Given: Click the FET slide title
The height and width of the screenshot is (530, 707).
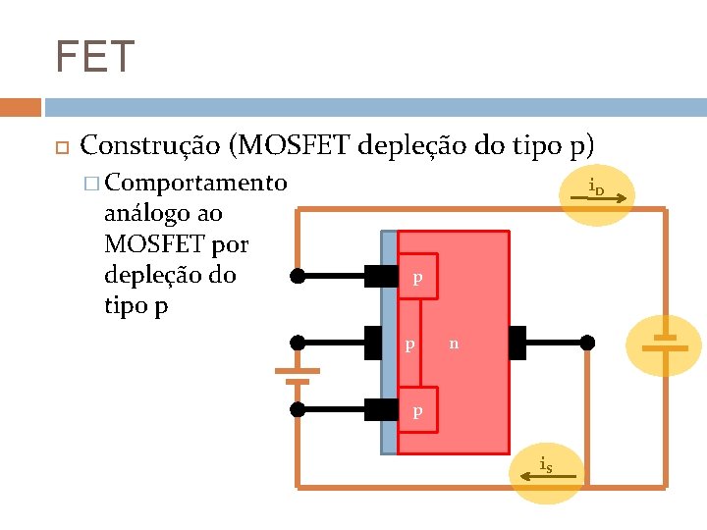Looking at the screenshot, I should [x=94, y=57].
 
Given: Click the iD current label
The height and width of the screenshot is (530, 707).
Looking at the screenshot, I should [x=596, y=187].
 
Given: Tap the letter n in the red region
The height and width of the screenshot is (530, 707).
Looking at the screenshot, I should [x=454, y=344].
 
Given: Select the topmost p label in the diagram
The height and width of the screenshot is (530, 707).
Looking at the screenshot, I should [x=417, y=279].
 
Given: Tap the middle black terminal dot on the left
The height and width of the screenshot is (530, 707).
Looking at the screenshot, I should [x=298, y=343].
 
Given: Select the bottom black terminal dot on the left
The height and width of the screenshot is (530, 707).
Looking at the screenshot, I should [x=298, y=409].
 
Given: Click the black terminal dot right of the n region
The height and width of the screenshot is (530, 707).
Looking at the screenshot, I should [x=587, y=343].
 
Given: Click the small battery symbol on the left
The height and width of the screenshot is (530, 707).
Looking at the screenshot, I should [x=298, y=375].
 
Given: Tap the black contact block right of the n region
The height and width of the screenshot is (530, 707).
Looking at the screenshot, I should [x=518, y=343].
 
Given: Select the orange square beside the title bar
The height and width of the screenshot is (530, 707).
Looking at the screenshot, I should [x=20, y=107].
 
